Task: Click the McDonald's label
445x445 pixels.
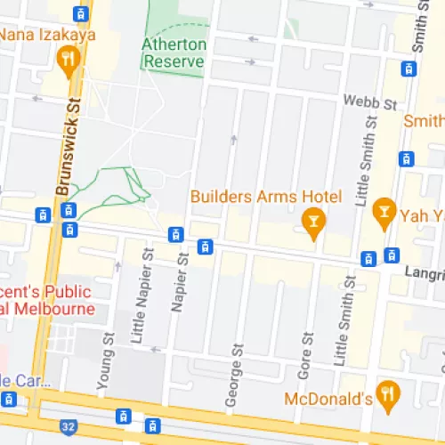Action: coord(328,399)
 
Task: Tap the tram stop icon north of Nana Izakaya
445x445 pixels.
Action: coord(81,13)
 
